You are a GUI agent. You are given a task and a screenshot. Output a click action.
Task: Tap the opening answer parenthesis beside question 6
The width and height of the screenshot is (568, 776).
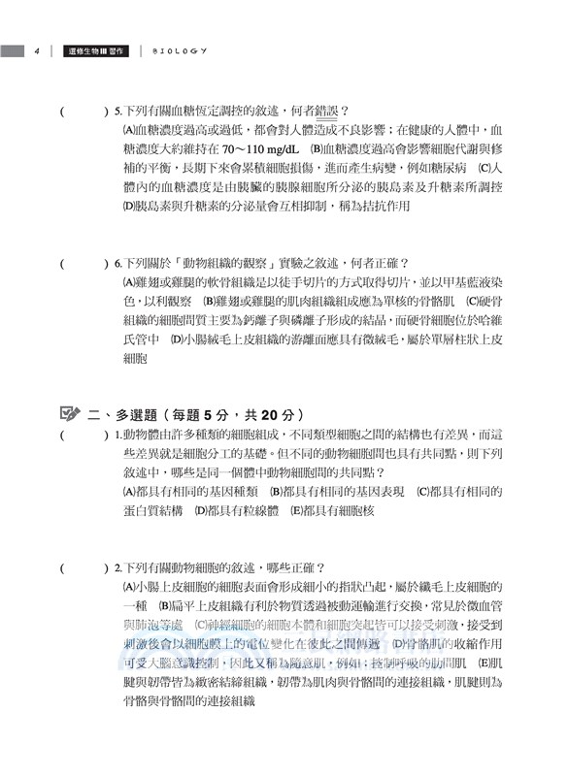point(63,263)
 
